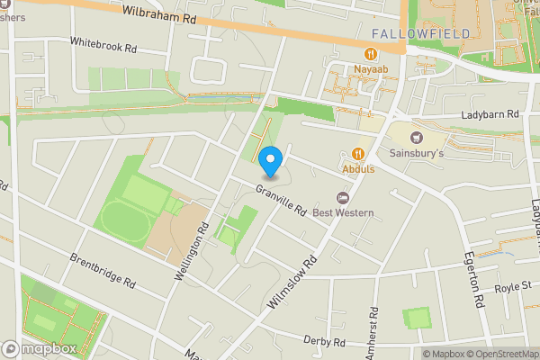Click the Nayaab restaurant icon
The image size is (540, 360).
coord(358,53)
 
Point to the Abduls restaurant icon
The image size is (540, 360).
coord(358,153)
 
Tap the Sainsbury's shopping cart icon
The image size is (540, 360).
coord(415,137)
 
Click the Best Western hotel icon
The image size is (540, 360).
coord(341,198)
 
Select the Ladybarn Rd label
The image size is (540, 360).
coord(490,114)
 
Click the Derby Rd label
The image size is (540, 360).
coord(326,343)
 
